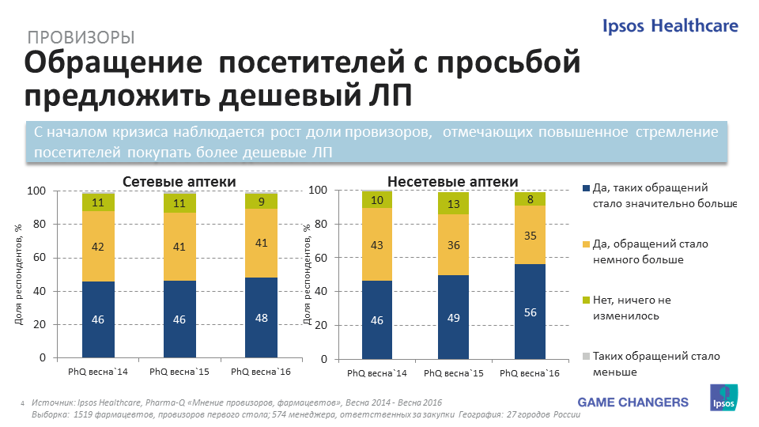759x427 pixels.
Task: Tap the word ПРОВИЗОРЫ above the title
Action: [x=80, y=37]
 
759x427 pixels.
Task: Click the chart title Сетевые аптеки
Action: [x=179, y=182]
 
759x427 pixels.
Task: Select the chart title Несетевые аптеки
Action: [x=453, y=181]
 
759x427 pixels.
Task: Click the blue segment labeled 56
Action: [x=530, y=311]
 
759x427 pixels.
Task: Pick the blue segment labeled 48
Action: [x=261, y=318]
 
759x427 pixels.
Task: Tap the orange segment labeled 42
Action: [x=99, y=246]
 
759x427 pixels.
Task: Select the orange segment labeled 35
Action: [x=530, y=235]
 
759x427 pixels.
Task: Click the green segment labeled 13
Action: [x=453, y=204]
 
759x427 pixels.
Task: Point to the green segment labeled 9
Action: [x=261, y=201]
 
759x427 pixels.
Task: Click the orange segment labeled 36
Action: [x=453, y=245]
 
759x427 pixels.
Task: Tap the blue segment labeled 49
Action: [x=453, y=317]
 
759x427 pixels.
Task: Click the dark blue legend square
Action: [x=586, y=188]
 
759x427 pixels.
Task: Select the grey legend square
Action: [x=586, y=357]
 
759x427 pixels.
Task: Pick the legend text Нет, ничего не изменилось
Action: [x=632, y=308]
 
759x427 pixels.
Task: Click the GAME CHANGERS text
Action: [x=632, y=402]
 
